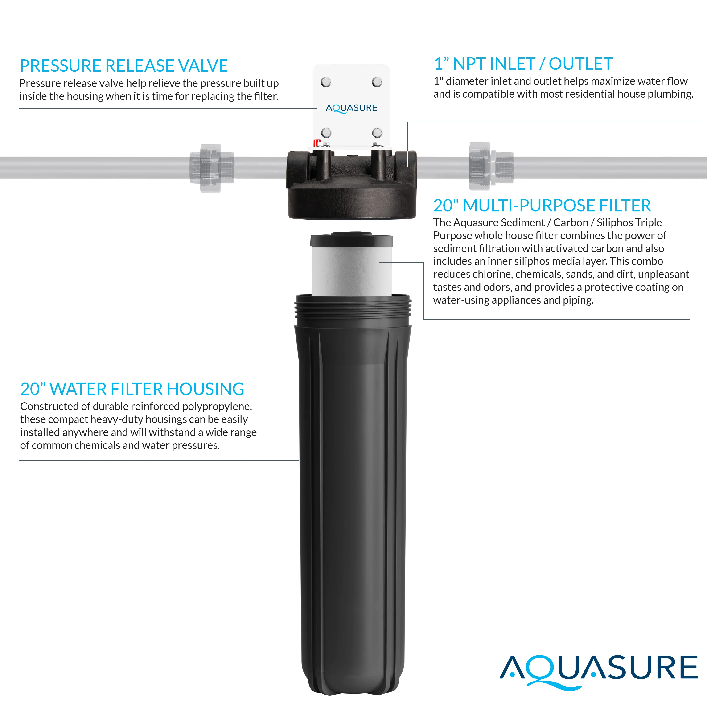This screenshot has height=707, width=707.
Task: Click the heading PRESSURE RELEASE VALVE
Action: tap(124, 66)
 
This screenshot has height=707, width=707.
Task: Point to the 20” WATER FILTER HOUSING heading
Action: tap(132, 389)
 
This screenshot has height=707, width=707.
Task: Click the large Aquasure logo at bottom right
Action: tap(599, 672)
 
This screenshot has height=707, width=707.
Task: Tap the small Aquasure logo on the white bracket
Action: tap(351, 108)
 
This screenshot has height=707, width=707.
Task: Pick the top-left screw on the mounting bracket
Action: tap(326, 82)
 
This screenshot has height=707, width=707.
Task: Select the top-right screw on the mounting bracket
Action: tap(377, 82)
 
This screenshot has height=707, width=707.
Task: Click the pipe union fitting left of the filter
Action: tap(212, 168)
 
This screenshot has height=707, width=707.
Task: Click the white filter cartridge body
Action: tap(351, 271)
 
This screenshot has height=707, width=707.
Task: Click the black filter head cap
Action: tap(351, 185)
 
